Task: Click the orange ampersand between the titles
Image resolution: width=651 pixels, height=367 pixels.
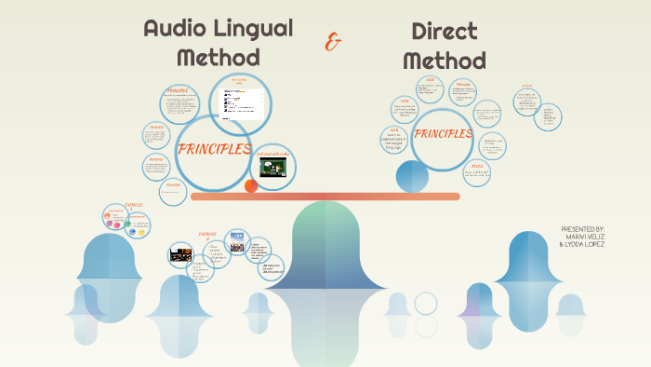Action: coord(332,42)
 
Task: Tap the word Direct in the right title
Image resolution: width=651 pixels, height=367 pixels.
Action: coord(444,32)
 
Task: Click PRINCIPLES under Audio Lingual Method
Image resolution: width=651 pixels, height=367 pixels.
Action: coord(214,149)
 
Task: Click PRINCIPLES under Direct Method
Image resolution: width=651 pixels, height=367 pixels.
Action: coord(443,133)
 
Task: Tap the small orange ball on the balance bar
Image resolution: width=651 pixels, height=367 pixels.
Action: coord(251,186)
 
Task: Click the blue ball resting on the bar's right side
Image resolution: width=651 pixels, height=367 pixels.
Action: coord(412,176)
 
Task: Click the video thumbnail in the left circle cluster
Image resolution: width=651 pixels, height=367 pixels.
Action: coord(273,167)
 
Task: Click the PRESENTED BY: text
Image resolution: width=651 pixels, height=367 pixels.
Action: coord(583,228)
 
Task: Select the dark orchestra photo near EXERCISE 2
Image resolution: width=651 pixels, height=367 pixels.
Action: coord(180,253)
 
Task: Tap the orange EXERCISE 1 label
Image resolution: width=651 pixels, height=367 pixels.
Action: coord(133,206)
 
